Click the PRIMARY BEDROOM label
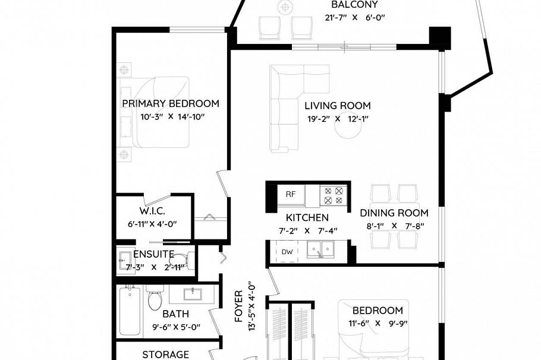click(170, 103)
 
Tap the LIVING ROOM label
click(337, 106)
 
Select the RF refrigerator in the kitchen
click(291, 194)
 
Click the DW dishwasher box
click(287, 252)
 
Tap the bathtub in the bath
click(130, 311)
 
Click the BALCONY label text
click(354, 5)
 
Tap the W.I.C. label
click(152, 211)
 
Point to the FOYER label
click(238, 306)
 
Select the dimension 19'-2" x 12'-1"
click(337, 119)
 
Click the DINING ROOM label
click(394, 213)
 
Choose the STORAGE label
click(165, 355)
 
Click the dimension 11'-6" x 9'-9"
click(378, 324)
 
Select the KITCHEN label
click(307, 217)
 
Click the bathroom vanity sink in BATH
click(193, 293)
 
